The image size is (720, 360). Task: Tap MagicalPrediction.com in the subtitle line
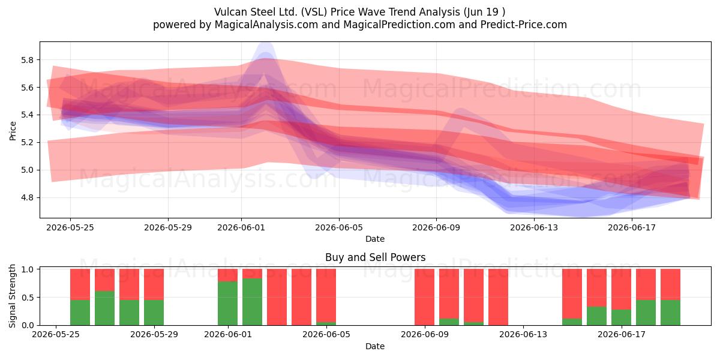click(399, 25)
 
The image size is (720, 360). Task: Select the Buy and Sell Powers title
click(375, 257)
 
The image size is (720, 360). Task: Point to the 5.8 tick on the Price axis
click(27, 60)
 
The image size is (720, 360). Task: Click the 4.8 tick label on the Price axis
click(27, 197)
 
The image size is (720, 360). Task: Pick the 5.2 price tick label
click(27, 143)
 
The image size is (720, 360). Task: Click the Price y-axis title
click(13, 131)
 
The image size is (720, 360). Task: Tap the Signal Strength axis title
click(12, 296)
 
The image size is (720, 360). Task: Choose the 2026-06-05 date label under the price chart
click(339, 227)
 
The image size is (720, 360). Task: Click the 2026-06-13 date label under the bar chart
click(523, 334)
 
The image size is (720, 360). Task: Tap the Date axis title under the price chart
click(375, 239)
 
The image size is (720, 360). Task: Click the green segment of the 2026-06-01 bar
click(227, 303)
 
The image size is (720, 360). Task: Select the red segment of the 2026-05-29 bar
click(154, 284)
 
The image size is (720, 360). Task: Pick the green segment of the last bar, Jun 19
click(670, 313)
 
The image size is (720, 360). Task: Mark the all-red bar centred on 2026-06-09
click(424, 297)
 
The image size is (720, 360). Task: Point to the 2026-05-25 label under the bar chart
click(56, 334)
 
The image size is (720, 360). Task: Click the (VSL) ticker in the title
click(314, 12)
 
